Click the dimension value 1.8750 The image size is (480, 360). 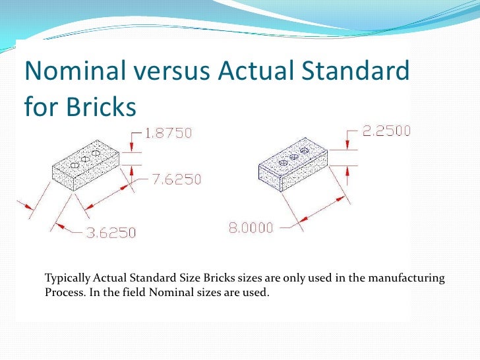168,133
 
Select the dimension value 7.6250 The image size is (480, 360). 177,179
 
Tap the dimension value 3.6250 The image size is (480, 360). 111,232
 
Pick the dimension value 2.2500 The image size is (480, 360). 386,131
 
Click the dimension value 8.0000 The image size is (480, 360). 251,228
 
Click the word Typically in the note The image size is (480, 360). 66,278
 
